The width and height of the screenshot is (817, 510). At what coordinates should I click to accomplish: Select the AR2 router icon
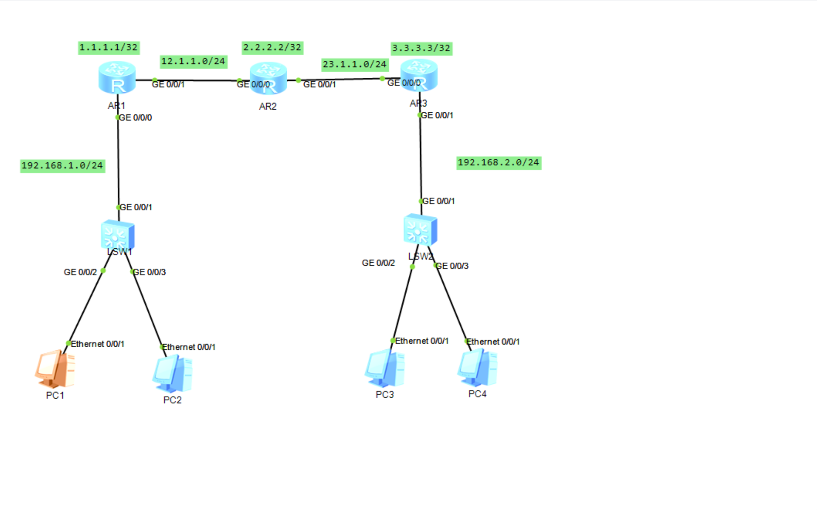tap(268, 78)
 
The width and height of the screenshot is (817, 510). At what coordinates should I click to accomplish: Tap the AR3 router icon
tap(419, 75)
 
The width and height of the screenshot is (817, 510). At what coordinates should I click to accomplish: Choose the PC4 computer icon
tap(477, 367)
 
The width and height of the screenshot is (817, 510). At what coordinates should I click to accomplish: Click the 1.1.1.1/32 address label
tap(109, 47)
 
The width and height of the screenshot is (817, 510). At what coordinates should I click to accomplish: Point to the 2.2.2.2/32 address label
tap(272, 47)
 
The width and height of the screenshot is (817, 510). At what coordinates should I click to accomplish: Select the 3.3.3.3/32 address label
tap(421, 48)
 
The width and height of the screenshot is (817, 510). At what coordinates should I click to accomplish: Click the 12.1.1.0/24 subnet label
tap(193, 61)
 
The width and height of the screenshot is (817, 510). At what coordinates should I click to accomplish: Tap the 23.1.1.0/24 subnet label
tap(354, 64)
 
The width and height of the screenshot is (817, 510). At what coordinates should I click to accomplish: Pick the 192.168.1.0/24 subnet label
tap(62, 165)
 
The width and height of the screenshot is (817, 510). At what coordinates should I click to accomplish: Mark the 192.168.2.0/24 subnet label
tap(498, 163)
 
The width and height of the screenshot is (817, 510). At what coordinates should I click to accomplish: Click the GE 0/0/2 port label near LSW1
tap(80, 272)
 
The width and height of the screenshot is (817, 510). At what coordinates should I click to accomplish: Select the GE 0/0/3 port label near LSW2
tap(453, 266)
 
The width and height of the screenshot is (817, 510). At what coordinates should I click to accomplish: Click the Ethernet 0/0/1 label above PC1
tap(97, 344)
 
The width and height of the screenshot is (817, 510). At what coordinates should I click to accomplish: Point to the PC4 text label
tap(477, 394)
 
